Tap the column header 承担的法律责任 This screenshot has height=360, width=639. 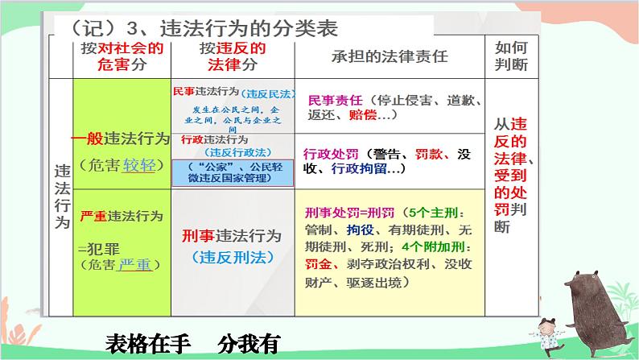390,57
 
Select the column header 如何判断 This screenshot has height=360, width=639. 513,57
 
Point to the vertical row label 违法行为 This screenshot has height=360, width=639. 61,197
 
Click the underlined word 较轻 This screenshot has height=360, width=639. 142,166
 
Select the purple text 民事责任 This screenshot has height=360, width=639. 333,101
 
